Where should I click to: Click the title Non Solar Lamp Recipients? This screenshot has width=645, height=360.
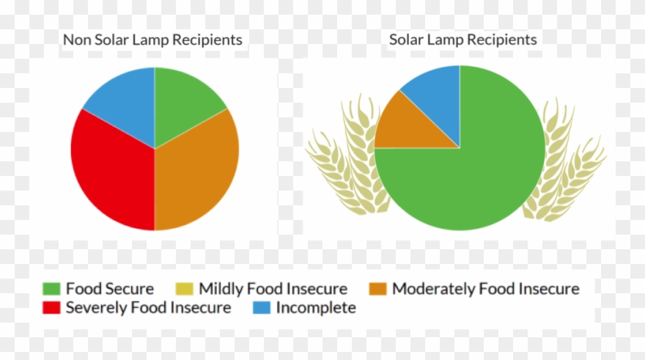pyautogui.click(x=152, y=40)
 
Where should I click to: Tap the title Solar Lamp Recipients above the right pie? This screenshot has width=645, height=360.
pyautogui.click(x=462, y=40)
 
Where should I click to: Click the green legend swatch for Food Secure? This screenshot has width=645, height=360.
pyautogui.click(x=51, y=289)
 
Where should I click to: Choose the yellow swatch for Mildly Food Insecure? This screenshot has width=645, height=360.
pyautogui.click(x=184, y=289)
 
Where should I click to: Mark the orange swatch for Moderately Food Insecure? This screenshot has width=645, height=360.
pyautogui.click(x=378, y=289)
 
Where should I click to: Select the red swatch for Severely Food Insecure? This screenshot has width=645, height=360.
pyautogui.click(x=51, y=308)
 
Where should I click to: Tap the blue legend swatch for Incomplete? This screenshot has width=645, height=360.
pyautogui.click(x=261, y=308)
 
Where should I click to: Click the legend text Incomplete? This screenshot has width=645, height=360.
pyautogui.click(x=316, y=308)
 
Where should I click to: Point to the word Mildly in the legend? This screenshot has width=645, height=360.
pyautogui.click(x=223, y=289)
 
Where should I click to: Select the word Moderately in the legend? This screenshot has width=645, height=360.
pyautogui.click(x=433, y=289)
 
